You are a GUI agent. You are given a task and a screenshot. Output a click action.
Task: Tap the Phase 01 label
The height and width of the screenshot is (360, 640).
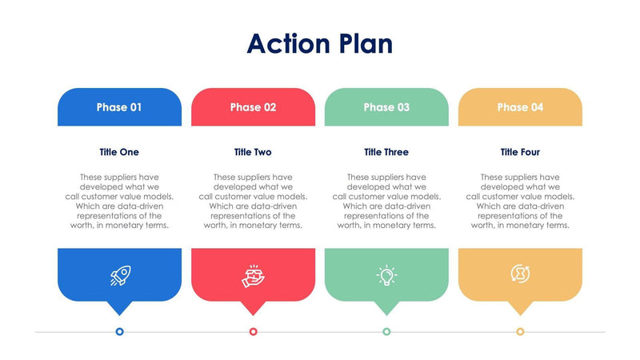pyautogui.click(x=119, y=107)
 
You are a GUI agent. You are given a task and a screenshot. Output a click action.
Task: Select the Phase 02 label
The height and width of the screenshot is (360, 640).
pyautogui.click(x=253, y=107)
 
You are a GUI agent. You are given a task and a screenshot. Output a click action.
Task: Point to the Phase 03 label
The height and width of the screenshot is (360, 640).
pyautogui.click(x=386, y=107)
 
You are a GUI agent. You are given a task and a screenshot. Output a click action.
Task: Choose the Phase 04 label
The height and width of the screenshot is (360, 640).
pyautogui.click(x=520, y=107)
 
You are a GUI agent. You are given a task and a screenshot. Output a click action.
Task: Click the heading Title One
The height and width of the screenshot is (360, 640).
pyautogui.click(x=119, y=152)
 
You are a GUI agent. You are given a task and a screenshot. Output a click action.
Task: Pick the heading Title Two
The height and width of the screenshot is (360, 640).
pyautogui.click(x=253, y=152)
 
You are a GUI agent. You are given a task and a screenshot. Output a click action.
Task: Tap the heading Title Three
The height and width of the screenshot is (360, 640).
pyautogui.click(x=386, y=152)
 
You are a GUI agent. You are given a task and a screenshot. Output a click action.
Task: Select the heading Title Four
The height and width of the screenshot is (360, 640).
pyautogui.click(x=520, y=152)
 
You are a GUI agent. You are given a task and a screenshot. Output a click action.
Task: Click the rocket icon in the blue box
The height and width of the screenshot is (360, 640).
pyautogui.click(x=119, y=275)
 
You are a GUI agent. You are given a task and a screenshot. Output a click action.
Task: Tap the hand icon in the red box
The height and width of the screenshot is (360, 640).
pyautogui.click(x=253, y=275)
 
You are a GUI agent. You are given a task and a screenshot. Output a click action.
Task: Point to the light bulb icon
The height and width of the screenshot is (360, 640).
pyautogui.click(x=386, y=275)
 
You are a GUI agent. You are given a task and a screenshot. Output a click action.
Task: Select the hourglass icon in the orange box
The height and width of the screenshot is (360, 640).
pyautogui.click(x=520, y=274)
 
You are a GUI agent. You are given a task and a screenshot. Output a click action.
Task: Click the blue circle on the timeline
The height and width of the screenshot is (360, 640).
pyautogui.click(x=119, y=331)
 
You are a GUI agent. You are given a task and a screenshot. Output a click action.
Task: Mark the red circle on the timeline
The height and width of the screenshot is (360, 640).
pyautogui.click(x=253, y=331)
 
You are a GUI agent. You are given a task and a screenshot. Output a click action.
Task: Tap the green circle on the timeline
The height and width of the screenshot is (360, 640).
pyautogui.click(x=386, y=331)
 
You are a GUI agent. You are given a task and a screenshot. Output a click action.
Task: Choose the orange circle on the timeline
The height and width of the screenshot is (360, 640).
pyautogui.click(x=520, y=331)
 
